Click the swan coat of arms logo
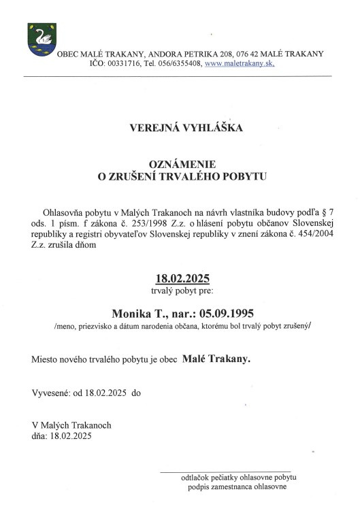click(x=40, y=40)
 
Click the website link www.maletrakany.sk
click(x=240, y=63)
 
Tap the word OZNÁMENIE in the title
click(x=182, y=164)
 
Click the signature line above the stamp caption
click(x=225, y=471)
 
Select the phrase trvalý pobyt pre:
click(x=182, y=291)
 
